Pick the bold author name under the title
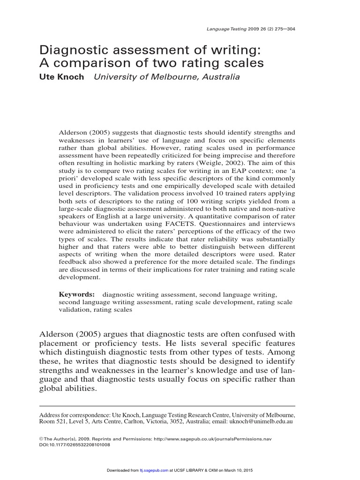tap(61, 77)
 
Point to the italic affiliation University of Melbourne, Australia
tap(167, 77)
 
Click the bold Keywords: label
tap(77, 294)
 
